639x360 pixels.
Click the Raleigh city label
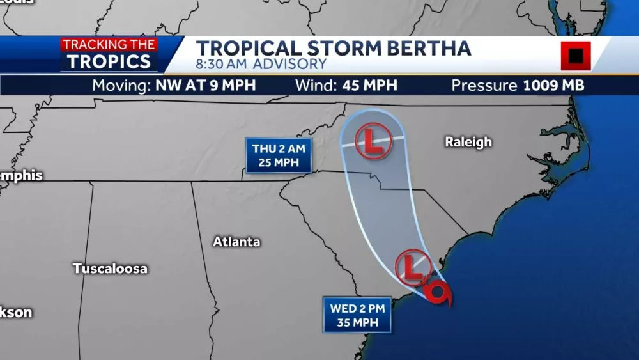click(x=468, y=142)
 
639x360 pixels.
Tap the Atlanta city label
click(x=236, y=242)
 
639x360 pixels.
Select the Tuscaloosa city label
click(x=110, y=269)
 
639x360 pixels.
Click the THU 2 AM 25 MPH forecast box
click(x=278, y=155)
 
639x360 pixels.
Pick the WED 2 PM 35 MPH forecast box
click(x=357, y=315)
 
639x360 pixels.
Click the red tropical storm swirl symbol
click(x=441, y=293)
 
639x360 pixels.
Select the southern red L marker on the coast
click(x=413, y=267)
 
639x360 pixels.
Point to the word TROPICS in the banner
click(x=110, y=61)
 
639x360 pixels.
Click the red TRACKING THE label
click(x=109, y=45)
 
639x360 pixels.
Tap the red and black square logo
click(x=576, y=56)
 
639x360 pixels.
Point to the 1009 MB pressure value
click(x=553, y=86)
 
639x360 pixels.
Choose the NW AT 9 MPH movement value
click(x=205, y=86)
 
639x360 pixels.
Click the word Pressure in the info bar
click(x=484, y=86)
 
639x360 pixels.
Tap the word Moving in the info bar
click(x=121, y=86)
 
